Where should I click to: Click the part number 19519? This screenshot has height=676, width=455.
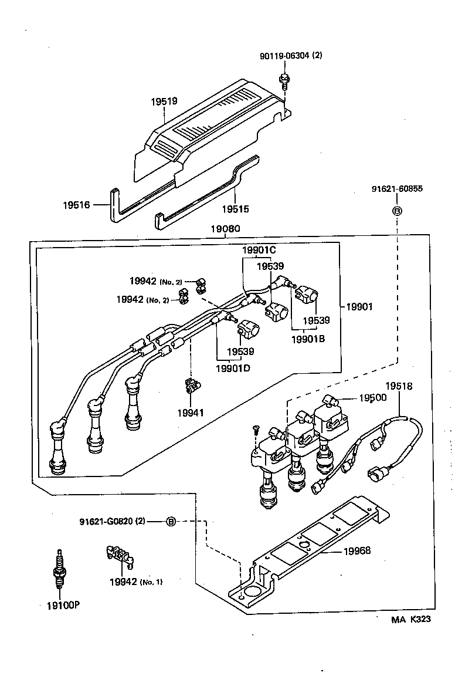click(x=164, y=102)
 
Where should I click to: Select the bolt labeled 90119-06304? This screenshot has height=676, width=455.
click(x=284, y=78)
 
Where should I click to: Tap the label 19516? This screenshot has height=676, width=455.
click(x=76, y=205)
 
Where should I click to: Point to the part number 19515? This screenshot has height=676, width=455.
click(x=235, y=208)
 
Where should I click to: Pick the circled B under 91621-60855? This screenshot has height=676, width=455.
click(x=397, y=210)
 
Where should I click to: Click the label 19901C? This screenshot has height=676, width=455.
click(x=259, y=251)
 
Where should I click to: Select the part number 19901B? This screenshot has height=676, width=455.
click(x=308, y=339)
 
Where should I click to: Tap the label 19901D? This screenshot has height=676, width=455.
click(x=233, y=368)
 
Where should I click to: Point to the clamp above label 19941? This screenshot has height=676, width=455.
click(x=191, y=385)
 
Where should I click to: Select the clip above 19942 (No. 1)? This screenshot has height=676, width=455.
click(x=119, y=556)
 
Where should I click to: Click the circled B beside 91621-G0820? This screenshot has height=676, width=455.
click(x=171, y=521)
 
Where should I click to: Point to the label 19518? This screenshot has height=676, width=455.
click(x=398, y=386)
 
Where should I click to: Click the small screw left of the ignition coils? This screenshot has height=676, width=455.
click(x=256, y=430)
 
